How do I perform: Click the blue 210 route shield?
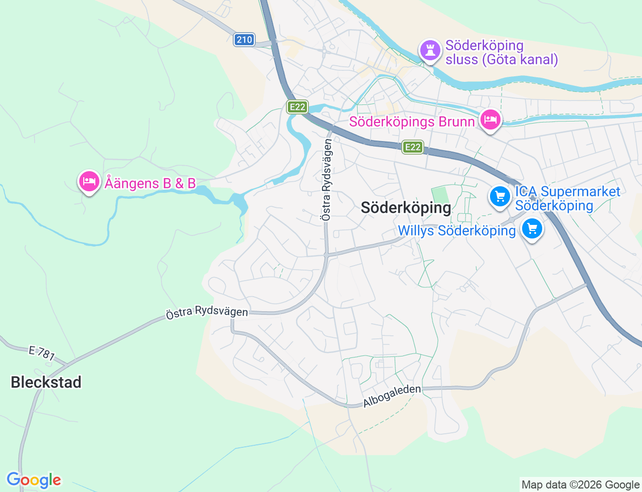pos(244,40)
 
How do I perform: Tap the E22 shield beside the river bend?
pos(297,107)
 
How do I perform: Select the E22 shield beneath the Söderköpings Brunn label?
pos(412,147)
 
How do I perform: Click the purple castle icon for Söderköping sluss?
pos(430,50)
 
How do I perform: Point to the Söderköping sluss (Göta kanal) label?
pos(502,52)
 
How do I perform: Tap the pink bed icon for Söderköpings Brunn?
pos(490,120)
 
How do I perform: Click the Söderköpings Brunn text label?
pos(412,122)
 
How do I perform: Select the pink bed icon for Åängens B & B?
pos(89,181)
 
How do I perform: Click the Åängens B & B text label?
pos(150,183)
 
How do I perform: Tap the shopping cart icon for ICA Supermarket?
pos(500,196)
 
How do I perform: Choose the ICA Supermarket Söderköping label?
pos(567,198)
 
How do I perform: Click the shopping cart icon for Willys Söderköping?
pos(532,229)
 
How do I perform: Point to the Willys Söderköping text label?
pos(456,230)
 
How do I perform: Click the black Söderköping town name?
pos(406,207)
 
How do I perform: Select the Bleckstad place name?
pos(46,382)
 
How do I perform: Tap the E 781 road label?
pos(42,353)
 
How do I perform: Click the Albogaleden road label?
pos(392,396)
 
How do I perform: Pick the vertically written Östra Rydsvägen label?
pos(327,180)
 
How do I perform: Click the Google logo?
pos(34,480)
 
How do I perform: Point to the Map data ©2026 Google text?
pos(580,484)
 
